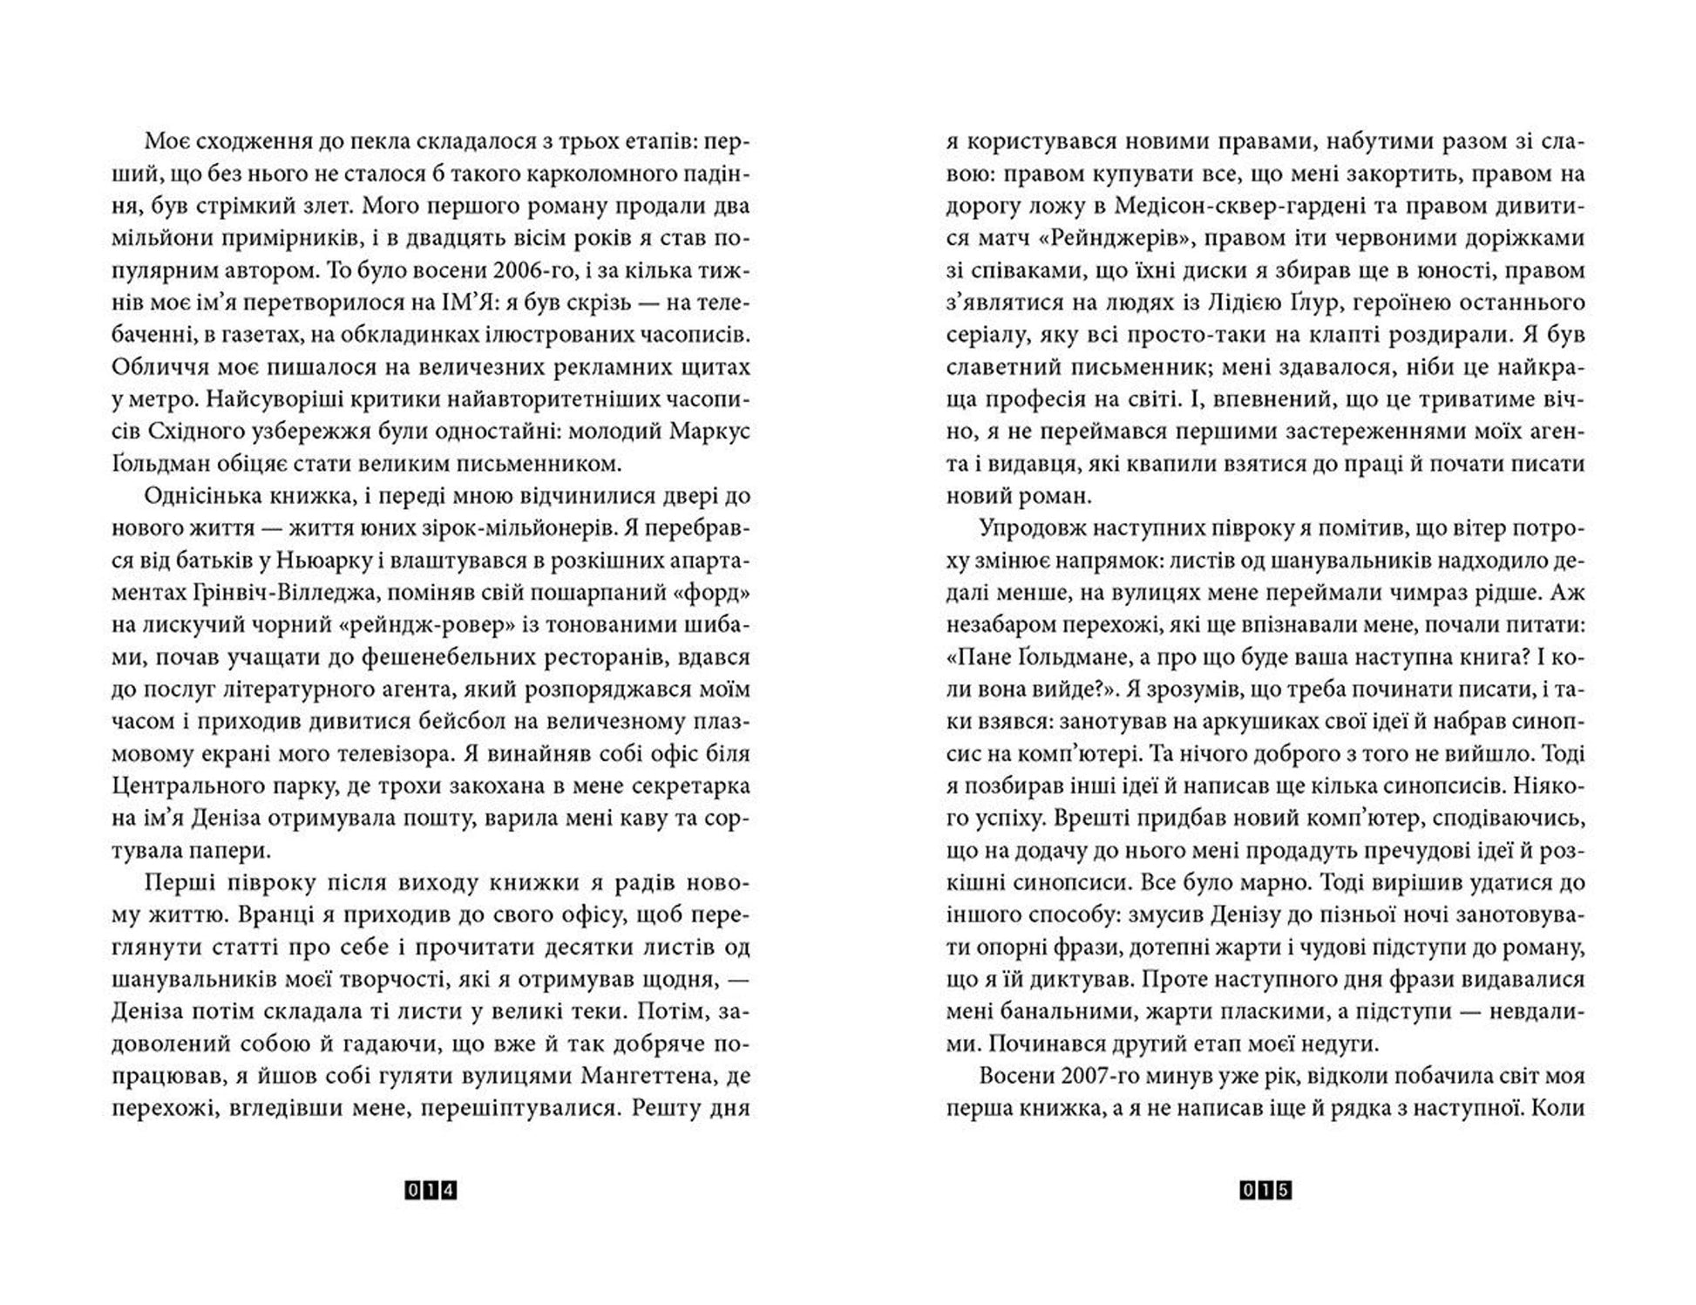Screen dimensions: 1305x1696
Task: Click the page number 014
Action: pyautogui.click(x=431, y=1190)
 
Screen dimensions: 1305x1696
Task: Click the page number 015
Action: pyautogui.click(x=1265, y=1190)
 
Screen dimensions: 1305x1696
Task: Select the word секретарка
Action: pyautogui.click(x=685, y=785)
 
